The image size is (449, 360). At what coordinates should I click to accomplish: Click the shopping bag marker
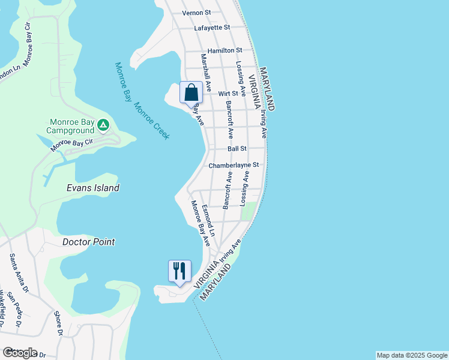coord(191,94)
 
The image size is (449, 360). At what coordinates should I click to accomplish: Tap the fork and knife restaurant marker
coord(179,272)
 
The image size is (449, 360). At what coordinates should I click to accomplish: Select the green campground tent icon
coord(103,125)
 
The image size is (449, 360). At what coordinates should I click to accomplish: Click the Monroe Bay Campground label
coord(72,125)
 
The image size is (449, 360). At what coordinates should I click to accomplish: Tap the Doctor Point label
coord(88,242)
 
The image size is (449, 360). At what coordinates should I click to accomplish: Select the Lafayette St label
coord(212,28)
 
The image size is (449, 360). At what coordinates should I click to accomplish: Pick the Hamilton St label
coord(224,51)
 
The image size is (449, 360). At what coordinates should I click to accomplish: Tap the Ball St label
coord(237,149)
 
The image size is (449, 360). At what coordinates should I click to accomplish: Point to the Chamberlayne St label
coord(234,165)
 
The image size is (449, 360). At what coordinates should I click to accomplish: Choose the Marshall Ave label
coord(206,73)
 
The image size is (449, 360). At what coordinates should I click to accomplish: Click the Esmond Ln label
coord(208,220)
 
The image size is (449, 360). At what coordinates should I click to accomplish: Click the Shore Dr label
coord(58,322)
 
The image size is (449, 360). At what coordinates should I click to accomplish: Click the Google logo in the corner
coord(20,352)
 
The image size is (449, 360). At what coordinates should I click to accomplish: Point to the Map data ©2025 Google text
coord(411,355)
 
